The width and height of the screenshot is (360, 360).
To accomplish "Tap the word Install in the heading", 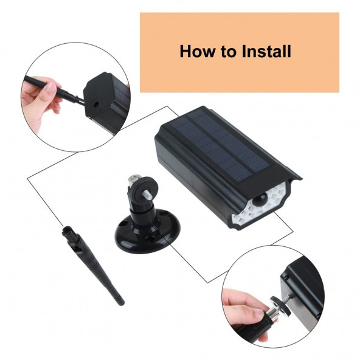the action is pos(266,51).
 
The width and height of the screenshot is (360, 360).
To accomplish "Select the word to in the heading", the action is pos(229,52).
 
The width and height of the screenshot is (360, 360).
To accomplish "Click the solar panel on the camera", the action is pos(220,144).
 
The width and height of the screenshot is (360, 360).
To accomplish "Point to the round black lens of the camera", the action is pos(260,199).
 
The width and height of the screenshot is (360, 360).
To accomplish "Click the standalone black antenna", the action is pos(92,265).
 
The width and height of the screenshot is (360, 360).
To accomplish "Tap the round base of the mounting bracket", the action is pos(147,232).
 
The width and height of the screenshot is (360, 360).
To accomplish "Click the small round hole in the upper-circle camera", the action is pos(96,105).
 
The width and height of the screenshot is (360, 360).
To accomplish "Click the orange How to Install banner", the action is pos(240,52).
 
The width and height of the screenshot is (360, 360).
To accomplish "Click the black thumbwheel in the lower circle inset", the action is pos(279,305).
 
